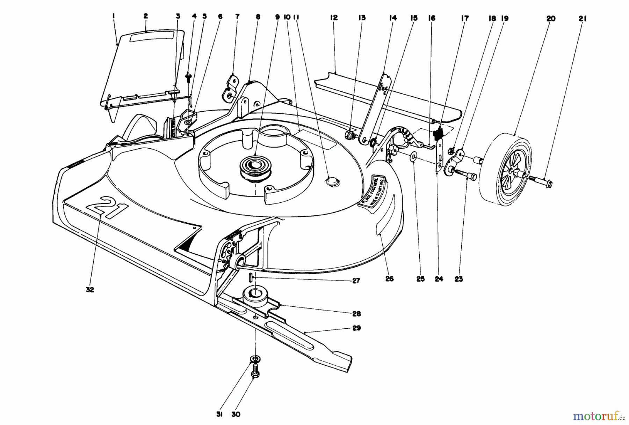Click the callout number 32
(x=90, y=290)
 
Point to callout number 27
(x=356, y=281)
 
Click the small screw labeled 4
(x=189, y=76)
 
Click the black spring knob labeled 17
(x=438, y=134)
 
